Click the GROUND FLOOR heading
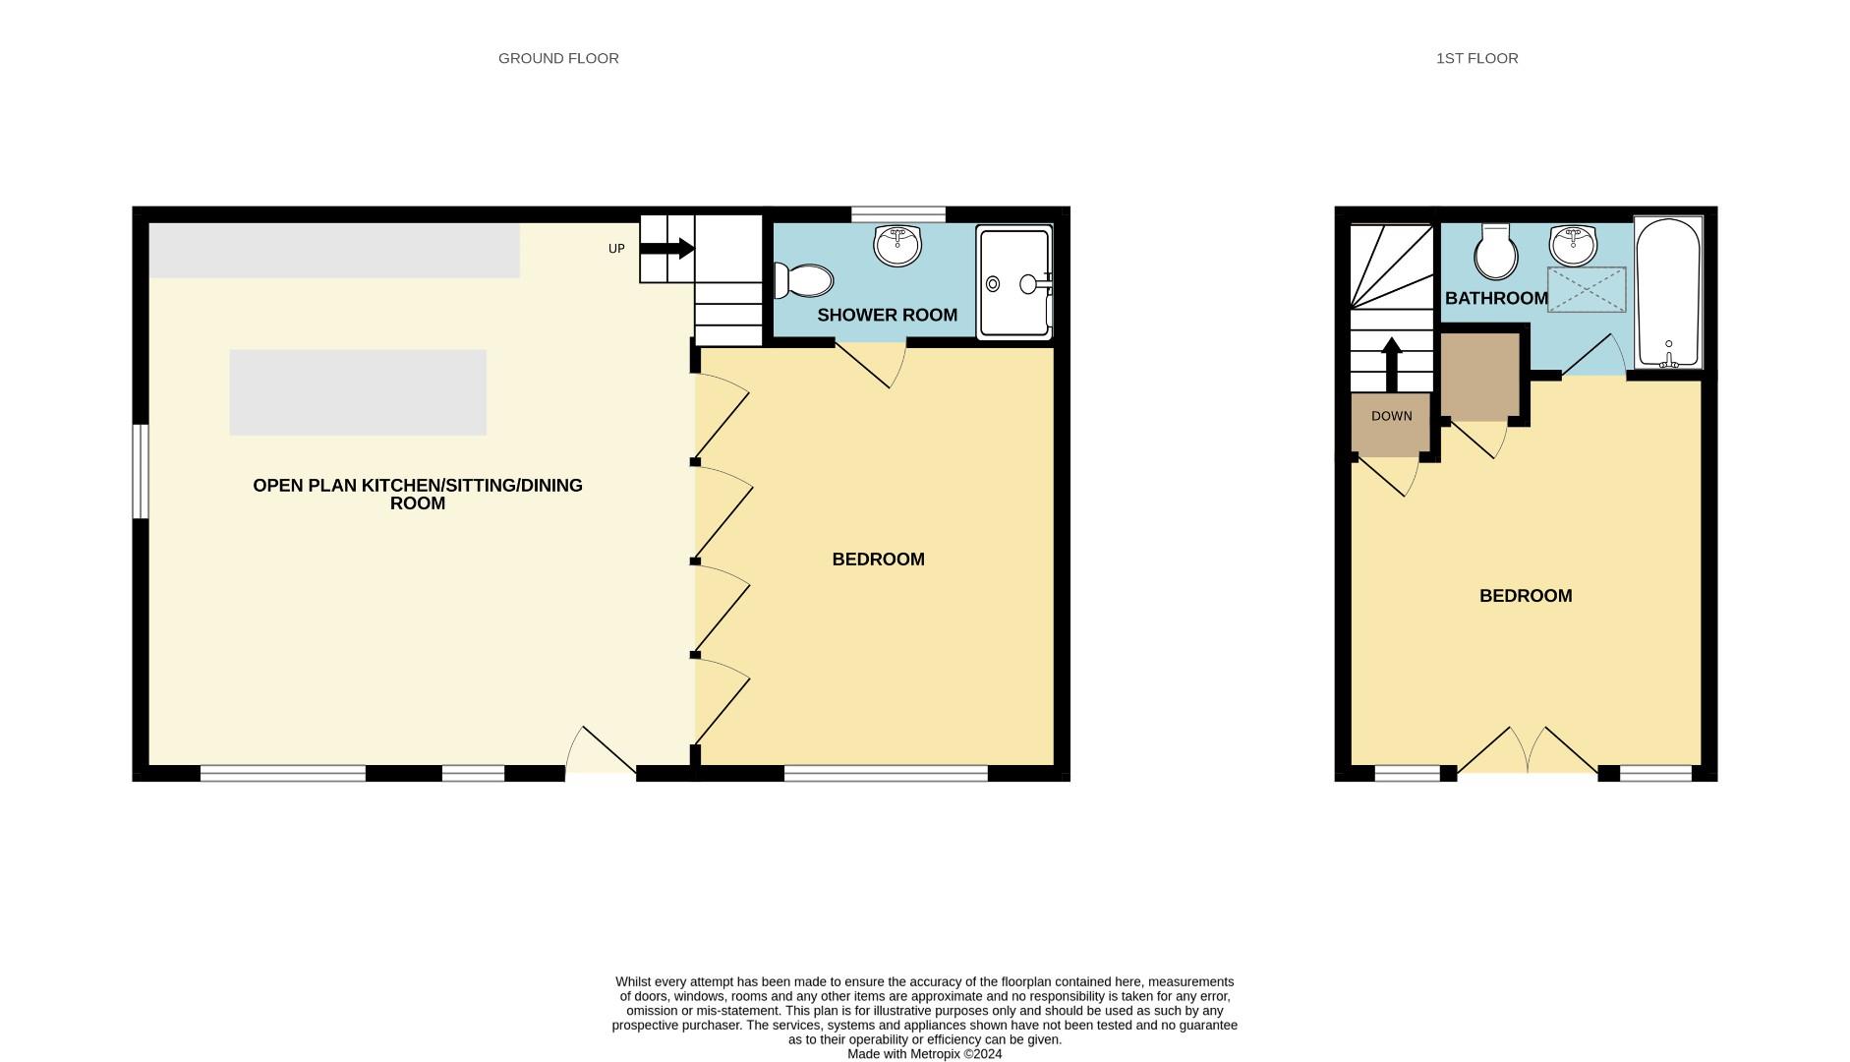click(558, 58)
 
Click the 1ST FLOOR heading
click(1476, 58)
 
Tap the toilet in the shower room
click(804, 280)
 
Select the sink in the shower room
click(897, 245)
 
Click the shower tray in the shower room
click(1013, 283)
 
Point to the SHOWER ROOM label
click(887, 315)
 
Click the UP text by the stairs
click(616, 249)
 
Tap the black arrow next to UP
click(667, 248)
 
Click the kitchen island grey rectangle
click(358, 392)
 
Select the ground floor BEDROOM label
click(878, 560)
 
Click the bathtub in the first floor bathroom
click(1668, 293)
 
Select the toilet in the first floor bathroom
click(1494, 252)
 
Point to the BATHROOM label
click(1496, 298)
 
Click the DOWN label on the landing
click(1391, 416)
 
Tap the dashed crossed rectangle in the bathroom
click(1587, 289)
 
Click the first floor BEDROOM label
click(1526, 596)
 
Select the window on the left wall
click(141, 471)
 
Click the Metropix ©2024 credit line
click(924, 1054)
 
